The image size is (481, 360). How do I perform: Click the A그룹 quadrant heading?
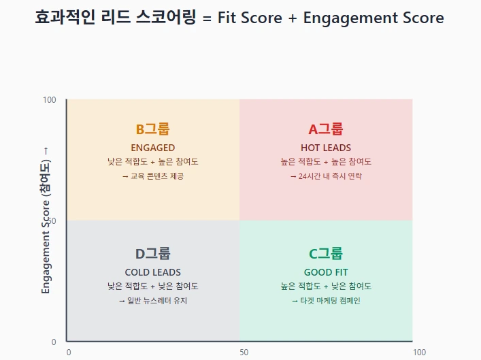(x=326, y=129)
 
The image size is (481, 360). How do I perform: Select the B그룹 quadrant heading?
(x=152, y=129)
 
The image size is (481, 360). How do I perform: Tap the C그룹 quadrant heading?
(x=326, y=254)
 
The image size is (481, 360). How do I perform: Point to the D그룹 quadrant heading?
(x=152, y=254)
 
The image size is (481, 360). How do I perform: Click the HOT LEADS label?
(x=326, y=148)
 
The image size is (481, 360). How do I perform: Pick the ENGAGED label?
(x=152, y=148)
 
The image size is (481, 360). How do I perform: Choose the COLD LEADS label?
(x=152, y=272)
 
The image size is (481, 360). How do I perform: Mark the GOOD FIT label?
(x=326, y=272)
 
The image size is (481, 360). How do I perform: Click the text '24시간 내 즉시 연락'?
(x=329, y=176)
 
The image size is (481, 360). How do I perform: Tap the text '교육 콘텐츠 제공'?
(x=156, y=176)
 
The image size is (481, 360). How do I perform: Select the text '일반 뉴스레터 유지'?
(x=156, y=300)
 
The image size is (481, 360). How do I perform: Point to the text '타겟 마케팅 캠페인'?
(x=329, y=300)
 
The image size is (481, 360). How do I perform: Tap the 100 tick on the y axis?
(x=50, y=100)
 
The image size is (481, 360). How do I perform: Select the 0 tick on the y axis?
(x=53, y=342)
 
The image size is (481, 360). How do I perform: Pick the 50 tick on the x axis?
(x=244, y=352)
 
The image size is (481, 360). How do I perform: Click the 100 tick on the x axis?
(x=420, y=352)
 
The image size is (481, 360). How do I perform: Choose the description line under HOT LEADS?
(x=326, y=162)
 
